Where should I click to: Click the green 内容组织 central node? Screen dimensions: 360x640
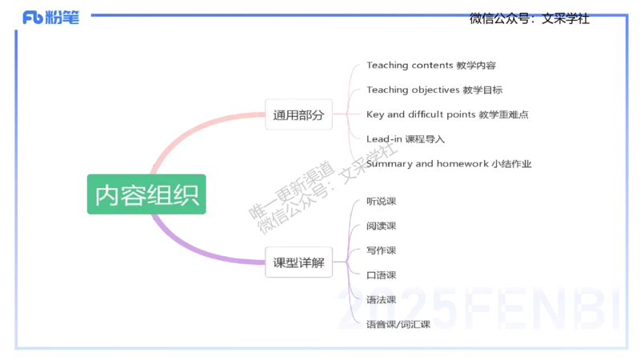(x=147, y=195)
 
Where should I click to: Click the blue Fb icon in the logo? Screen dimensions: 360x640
(x=33, y=18)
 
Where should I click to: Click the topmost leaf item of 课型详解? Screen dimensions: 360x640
(x=380, y=198)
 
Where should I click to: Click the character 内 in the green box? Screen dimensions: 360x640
(x=107, y=195)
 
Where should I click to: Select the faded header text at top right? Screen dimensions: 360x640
(x=528, y=14)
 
